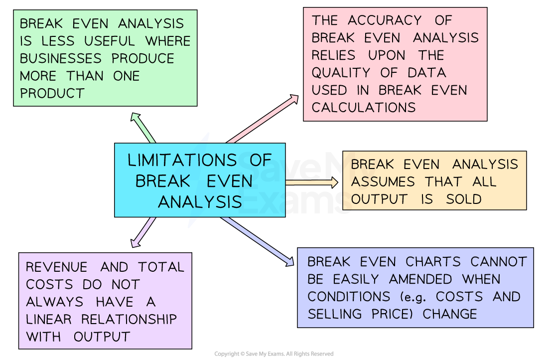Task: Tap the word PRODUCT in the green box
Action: [52, 93]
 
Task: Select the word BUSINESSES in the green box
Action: [61, 58]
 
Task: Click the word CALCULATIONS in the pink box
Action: [363, 107]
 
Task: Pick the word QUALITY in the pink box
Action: [341, 72]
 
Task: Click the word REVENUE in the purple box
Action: [56, 267]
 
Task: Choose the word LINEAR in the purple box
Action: [49, 319]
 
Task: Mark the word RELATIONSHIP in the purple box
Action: [129, 319]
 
